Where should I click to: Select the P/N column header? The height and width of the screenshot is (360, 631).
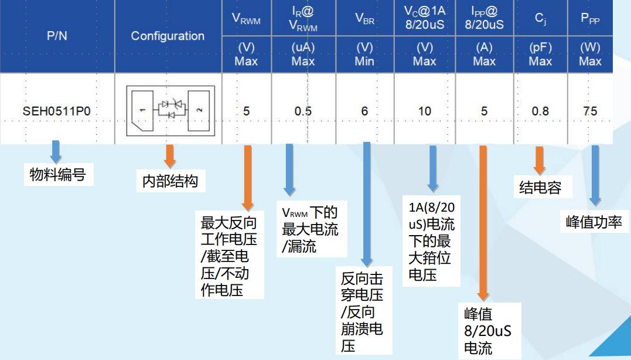point(57,36)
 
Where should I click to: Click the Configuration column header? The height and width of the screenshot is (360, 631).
point(168,36)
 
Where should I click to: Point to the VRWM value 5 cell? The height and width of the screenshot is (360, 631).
point(246,111)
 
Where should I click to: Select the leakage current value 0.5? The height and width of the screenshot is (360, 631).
point(303,111)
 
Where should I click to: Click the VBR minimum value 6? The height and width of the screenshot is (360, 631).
point(364,111)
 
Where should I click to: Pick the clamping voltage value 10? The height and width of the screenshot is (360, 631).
point(424,111)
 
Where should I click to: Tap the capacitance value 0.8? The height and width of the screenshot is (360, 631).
point(540,111)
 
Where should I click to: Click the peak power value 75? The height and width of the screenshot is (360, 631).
point(590,111)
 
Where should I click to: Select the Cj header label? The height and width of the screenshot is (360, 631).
point(540,19)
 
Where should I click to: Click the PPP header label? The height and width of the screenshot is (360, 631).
point(590,19)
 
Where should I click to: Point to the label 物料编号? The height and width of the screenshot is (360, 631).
point(57,174)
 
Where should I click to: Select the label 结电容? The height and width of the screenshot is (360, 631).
point(540,188)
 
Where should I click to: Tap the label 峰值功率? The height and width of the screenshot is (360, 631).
point(594,222)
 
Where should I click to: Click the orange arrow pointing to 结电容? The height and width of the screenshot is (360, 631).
point(539,160)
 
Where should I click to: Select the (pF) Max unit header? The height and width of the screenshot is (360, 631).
point(540,54)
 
